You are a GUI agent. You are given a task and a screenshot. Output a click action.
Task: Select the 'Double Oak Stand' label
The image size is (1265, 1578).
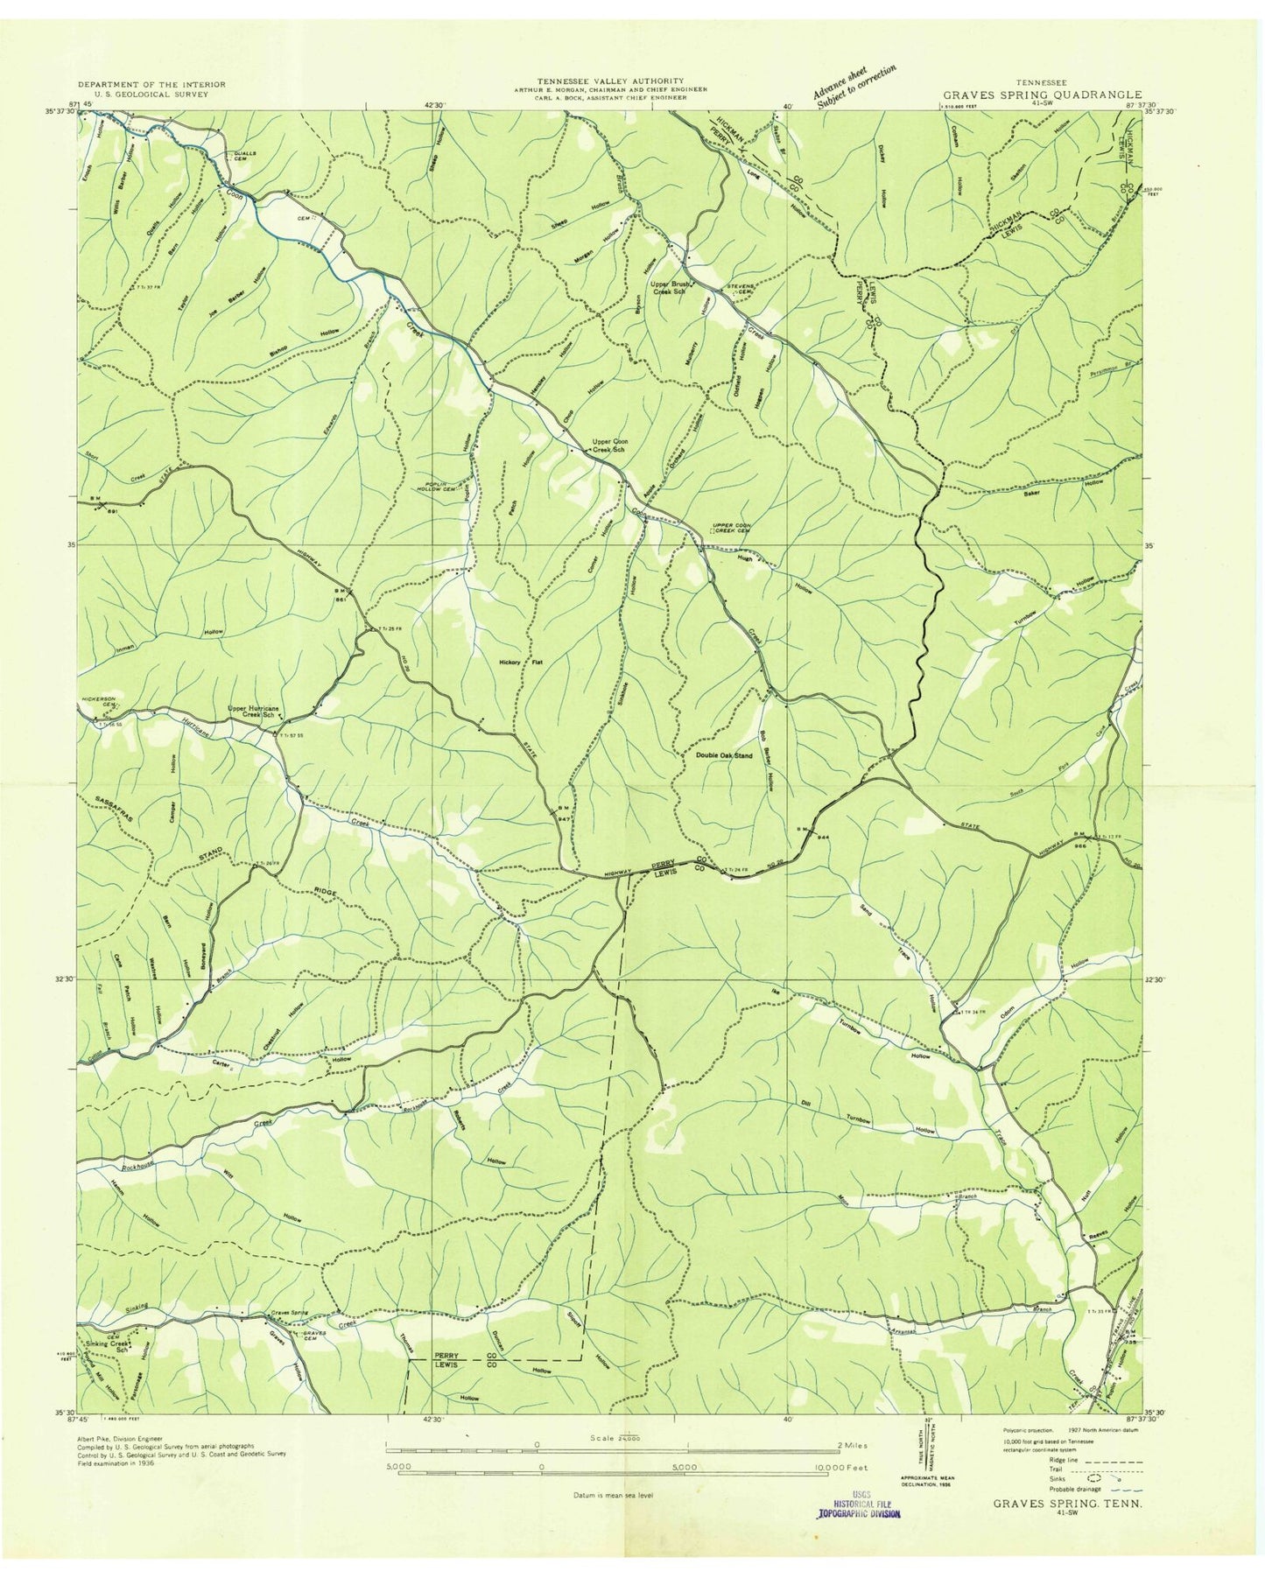click(723, 754)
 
